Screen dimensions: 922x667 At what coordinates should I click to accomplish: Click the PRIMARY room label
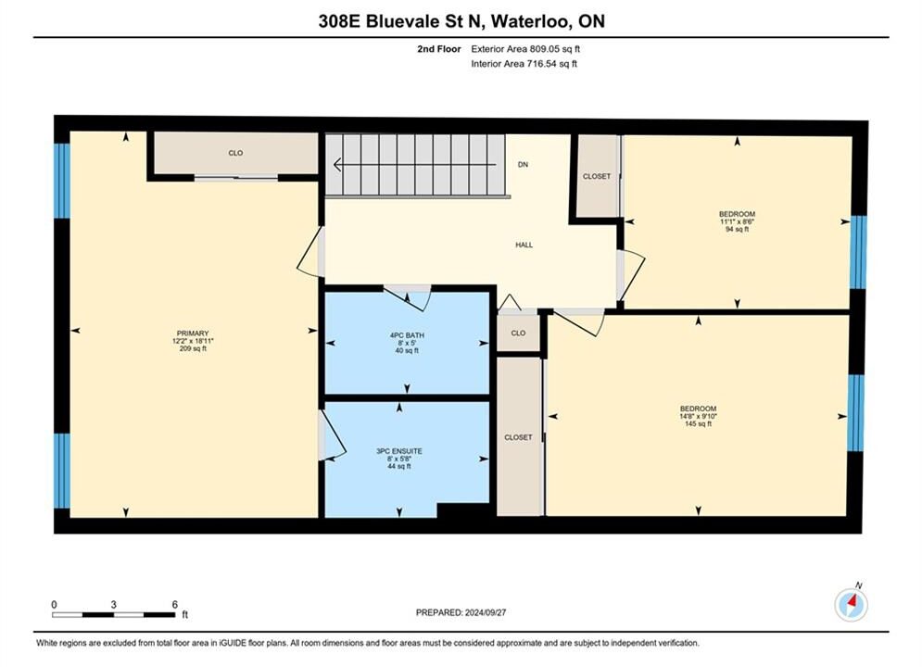[x=193, y=333]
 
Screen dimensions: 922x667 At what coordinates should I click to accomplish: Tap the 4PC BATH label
[x=407, y=335]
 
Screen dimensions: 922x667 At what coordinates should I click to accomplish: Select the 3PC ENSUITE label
[x=399, y=451]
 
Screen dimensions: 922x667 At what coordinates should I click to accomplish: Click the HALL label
[x=524, y=245]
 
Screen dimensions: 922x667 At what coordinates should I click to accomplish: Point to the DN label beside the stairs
[x=523, y=165]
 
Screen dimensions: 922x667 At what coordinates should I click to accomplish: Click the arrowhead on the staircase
[x=337, y=165]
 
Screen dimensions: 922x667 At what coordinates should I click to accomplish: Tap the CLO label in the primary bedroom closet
[x=235, y=153]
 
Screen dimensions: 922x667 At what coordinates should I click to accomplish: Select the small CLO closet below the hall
[x=518, y=333]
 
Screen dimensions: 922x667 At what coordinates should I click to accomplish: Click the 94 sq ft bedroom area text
[x=738, y=229]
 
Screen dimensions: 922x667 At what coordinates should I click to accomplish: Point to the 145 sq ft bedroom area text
[x=698, y=423]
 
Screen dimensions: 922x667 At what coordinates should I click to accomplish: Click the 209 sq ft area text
[x=193, y=348]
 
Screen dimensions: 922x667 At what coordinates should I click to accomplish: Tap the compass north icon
[x=851, y=603]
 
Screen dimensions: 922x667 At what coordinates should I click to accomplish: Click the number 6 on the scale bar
[x=174, y=604]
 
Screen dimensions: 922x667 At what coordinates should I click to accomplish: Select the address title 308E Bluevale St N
[x=400, y=21]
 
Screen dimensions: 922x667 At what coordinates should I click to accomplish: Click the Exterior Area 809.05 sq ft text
[x=525, y=49]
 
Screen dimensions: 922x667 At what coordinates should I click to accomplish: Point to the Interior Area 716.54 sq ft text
[x=524, y=64]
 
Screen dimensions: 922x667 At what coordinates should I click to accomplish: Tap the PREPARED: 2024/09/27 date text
[x=461, y=612]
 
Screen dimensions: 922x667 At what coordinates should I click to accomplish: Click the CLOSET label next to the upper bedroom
[x=597, y=176]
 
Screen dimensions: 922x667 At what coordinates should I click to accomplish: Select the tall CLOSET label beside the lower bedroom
[x=518, y=437]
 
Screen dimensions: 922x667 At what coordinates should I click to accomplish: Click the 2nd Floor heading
[x=439, y=49]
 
